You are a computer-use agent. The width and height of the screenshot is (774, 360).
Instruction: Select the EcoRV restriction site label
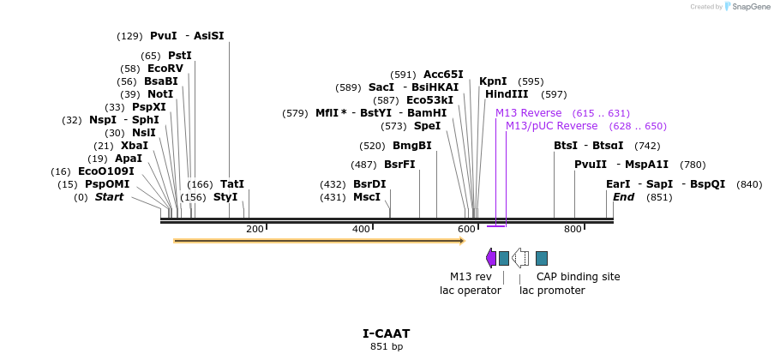pos(165,69)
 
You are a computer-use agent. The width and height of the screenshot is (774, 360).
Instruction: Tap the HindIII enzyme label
pos(507,94)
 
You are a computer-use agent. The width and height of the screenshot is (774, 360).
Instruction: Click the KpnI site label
pos(493,81)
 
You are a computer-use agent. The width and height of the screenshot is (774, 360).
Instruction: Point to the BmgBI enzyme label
pos(412,146)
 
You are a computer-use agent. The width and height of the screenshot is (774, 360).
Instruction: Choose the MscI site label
pos(367,197)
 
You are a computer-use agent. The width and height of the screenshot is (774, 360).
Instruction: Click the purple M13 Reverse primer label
pos(528,113)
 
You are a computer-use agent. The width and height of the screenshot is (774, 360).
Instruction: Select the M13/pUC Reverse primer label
pos(551,126)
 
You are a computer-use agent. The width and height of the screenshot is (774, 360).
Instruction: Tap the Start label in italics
pos(109,197)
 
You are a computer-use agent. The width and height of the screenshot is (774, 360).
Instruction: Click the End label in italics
pos(623,197)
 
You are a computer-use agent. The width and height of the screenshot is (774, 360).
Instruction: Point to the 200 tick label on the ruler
pos(255,229)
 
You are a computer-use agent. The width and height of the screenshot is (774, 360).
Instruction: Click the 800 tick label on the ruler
pos(573,229)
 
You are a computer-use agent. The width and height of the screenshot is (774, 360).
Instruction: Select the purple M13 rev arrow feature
pos(490,258)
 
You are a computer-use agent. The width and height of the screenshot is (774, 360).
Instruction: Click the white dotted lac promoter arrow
pos(519,258)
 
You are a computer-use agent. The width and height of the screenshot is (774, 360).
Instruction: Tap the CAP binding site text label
pos(578,277)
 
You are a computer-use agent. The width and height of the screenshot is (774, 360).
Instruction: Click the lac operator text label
pos(471,291)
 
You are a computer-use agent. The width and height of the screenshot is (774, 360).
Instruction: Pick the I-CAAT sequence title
pos(387,333)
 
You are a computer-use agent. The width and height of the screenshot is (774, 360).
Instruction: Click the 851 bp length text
pos(387,346)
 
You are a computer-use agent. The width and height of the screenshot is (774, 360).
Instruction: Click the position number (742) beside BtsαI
pos(647,146)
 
